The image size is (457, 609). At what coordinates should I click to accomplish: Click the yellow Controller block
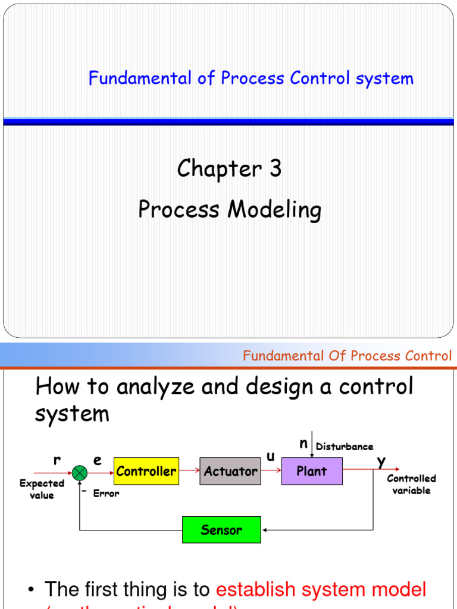pos(146,472)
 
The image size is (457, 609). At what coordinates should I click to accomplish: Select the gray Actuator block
pos(230,472)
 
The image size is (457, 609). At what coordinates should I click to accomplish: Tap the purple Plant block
pos(312,472)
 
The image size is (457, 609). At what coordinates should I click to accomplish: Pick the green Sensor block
pos(221,530)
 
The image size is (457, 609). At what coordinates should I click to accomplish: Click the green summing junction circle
pos(80,472)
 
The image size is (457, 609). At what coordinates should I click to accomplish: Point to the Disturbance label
pos(345,447)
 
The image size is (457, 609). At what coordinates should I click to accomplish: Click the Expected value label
pos(42,489)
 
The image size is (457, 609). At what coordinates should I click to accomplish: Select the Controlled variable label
pos(411,484)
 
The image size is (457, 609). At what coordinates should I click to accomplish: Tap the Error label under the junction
pos(106,494)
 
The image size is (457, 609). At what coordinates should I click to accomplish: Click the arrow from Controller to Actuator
pos(189,470)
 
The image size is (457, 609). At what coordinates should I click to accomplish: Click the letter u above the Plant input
pos(271,456)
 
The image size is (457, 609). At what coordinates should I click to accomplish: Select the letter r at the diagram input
pos(57,460)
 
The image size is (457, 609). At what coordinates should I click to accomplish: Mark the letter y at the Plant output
pos(381,461)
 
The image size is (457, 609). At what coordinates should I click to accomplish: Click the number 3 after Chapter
pos(275,169)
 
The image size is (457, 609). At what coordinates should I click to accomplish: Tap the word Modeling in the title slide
pos(273,210)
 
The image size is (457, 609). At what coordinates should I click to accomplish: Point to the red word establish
pos(256,590)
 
